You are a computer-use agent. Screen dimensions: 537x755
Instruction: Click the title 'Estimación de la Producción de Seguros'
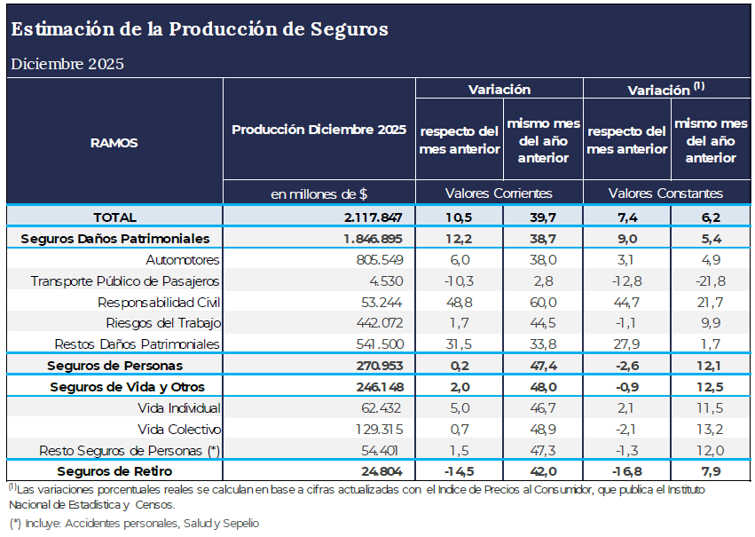tap(200, 29)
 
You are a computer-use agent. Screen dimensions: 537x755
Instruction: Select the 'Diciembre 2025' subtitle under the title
tap(67, 64)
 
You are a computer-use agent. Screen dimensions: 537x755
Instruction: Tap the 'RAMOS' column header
tap(114, 142)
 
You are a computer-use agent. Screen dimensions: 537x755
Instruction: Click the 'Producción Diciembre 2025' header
tap(319, 130)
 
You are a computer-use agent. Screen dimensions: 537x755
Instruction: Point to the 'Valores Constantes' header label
tap(665, 193)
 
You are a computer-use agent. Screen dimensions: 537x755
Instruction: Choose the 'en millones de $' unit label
tap(319, 193)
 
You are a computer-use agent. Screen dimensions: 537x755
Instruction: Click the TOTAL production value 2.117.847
tap(368, 217)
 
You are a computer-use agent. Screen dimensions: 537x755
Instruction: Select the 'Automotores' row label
tap(183, 260)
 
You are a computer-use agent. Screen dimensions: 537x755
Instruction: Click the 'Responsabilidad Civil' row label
tap(159, 302)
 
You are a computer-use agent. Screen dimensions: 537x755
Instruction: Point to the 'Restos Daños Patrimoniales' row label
tap(138, 344)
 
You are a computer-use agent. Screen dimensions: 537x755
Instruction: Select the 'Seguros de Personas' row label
tap(114, 366)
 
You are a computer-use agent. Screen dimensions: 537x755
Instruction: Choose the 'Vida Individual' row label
tap(179, 408)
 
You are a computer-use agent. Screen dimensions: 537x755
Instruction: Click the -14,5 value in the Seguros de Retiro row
tap(459, 471)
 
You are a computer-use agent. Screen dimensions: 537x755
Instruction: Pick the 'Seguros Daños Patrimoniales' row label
tap(114, 239)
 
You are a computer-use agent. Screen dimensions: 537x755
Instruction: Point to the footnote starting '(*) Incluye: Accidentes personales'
tap(134, 524)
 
